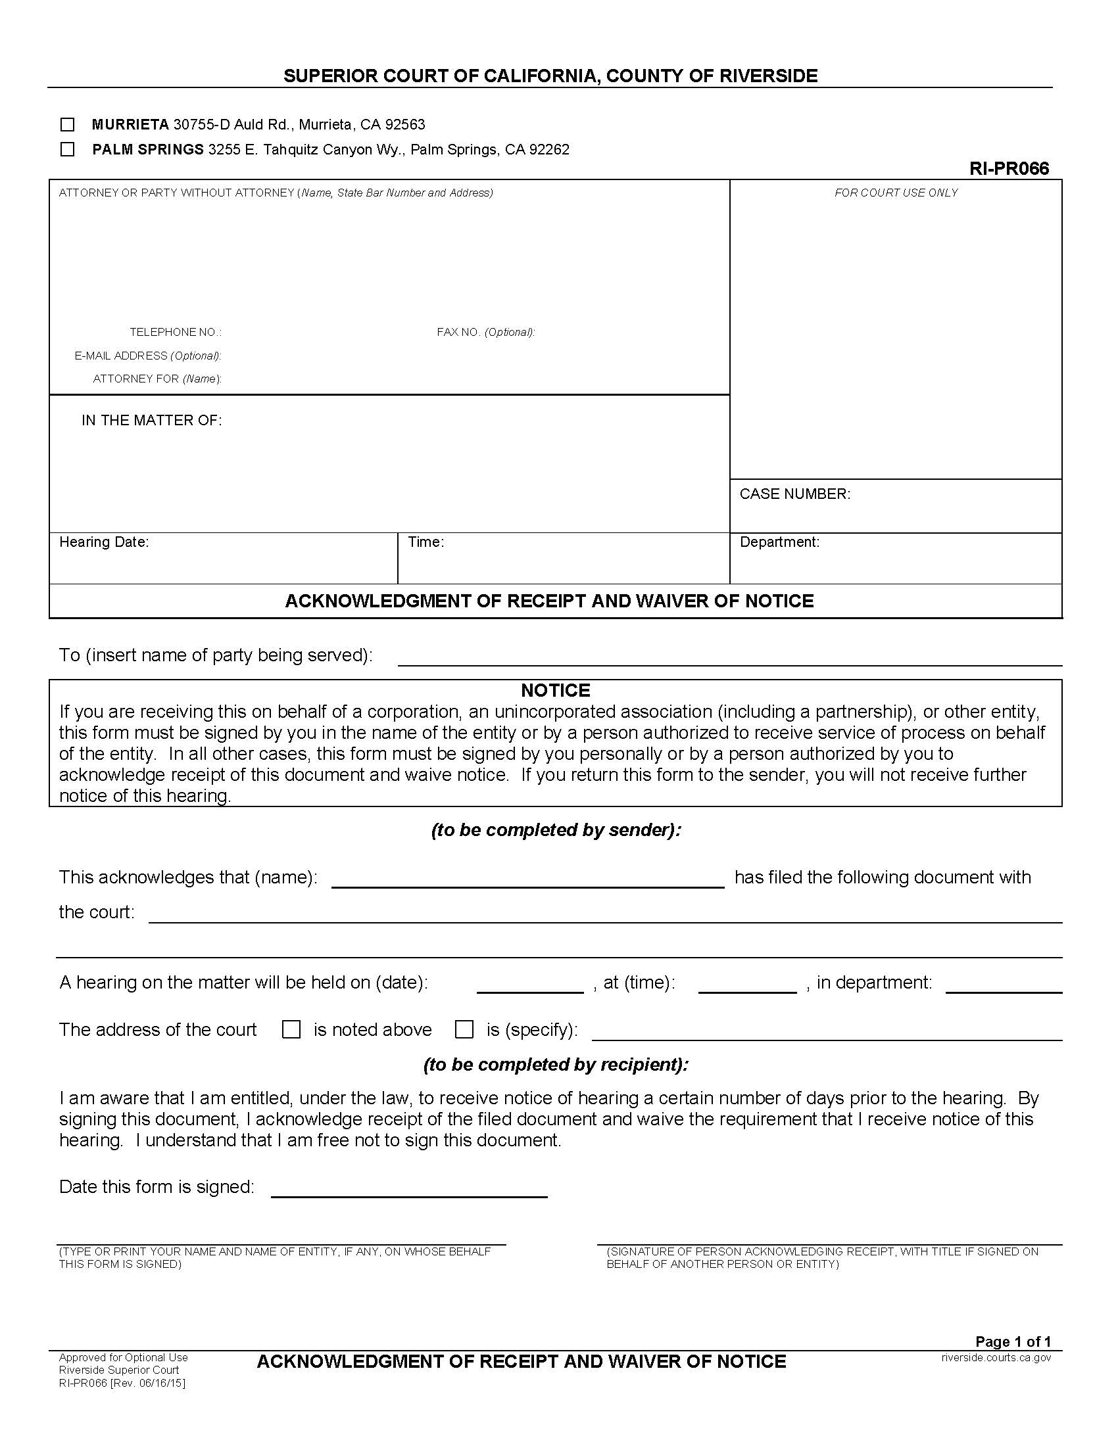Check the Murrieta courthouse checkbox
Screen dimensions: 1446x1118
point(67,124)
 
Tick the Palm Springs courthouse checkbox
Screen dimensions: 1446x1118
point(67,150)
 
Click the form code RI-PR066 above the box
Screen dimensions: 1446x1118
point(1009,169)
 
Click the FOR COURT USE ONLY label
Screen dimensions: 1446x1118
point(896,193)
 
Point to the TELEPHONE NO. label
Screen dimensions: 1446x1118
point(176,333)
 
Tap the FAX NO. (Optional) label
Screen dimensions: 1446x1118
point(485,333)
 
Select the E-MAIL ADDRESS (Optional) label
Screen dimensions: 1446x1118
point(148,356)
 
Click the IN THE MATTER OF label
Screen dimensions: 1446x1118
point(152,421)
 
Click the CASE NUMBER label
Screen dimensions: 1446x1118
point(795,494)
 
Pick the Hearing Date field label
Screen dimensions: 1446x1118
point(104,542)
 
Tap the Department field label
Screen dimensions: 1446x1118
point(779,542)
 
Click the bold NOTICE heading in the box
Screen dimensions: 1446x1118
point(555,691)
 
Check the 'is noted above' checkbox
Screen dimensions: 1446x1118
point(291,1029)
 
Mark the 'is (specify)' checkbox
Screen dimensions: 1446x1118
point(464,1029)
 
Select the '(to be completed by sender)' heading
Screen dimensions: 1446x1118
point(556,830)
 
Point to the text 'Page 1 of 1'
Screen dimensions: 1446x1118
point(1013,1342)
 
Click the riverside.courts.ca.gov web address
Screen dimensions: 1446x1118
point(996,1358)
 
